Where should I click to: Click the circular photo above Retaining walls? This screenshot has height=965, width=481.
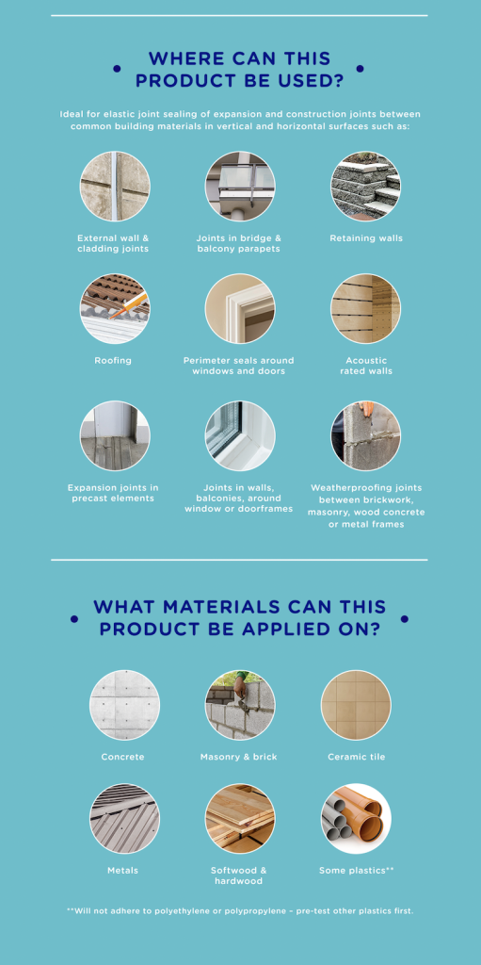tap(365, 187)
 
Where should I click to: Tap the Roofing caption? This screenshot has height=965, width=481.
tap(113, 361)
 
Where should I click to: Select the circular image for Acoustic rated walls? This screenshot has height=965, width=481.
tap(365, 309)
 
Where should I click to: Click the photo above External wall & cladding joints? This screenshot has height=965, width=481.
tap(115, 187)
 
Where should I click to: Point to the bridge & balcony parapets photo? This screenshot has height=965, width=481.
tap(240, 187)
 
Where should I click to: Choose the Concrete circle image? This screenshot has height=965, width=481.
tap(124, 705)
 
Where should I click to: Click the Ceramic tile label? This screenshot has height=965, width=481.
tap(356, 757)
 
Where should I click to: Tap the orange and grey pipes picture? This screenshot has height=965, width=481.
tap(356, 819)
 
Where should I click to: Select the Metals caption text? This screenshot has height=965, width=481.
tap(123, 870)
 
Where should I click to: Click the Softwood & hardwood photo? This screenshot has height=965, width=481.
tap(240, 819)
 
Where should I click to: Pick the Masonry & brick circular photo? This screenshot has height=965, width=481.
tap(240, 705)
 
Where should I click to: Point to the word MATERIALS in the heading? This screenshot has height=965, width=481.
tap(217, 607)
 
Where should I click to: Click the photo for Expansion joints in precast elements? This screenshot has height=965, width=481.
tap(115, 435)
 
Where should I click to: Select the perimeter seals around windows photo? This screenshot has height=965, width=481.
tap(240, 309)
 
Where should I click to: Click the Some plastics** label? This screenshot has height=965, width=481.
tap(356, 870)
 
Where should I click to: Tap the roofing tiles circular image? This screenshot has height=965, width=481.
tap(115, 309)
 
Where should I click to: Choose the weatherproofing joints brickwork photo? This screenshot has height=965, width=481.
tap(365, 435)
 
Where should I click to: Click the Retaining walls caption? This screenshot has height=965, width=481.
tap(366, 238)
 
